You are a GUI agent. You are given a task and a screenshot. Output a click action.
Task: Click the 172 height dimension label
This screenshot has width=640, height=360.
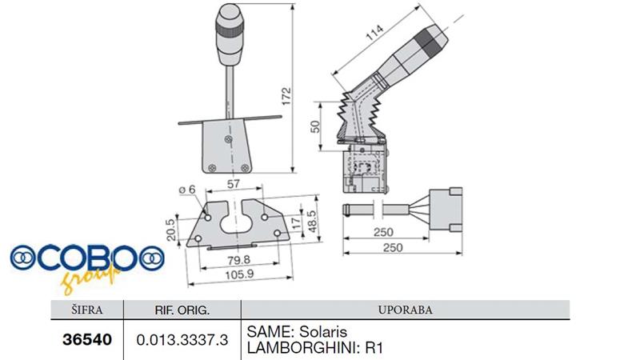coord(287,96)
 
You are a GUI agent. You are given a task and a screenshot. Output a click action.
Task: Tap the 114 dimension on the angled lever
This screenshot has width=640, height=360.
coord(374,33)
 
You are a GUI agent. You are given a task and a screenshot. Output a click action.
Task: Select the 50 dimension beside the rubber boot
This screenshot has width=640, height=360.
coord(315,126)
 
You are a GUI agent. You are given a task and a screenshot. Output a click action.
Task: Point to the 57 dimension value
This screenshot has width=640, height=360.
coord(233,184)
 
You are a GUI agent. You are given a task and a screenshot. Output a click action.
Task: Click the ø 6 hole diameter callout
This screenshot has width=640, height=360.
coord(187,190)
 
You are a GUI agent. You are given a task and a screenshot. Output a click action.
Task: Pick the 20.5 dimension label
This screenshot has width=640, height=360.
coord(171,230)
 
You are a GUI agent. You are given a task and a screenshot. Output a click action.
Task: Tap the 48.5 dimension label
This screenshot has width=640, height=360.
coord(312,222)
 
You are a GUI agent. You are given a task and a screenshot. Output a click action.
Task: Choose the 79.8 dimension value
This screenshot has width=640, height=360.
coord(239,259)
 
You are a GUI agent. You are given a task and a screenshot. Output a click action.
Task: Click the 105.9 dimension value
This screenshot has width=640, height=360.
coord(239,274)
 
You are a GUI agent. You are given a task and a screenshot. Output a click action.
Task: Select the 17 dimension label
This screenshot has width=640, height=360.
coord(297,222)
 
